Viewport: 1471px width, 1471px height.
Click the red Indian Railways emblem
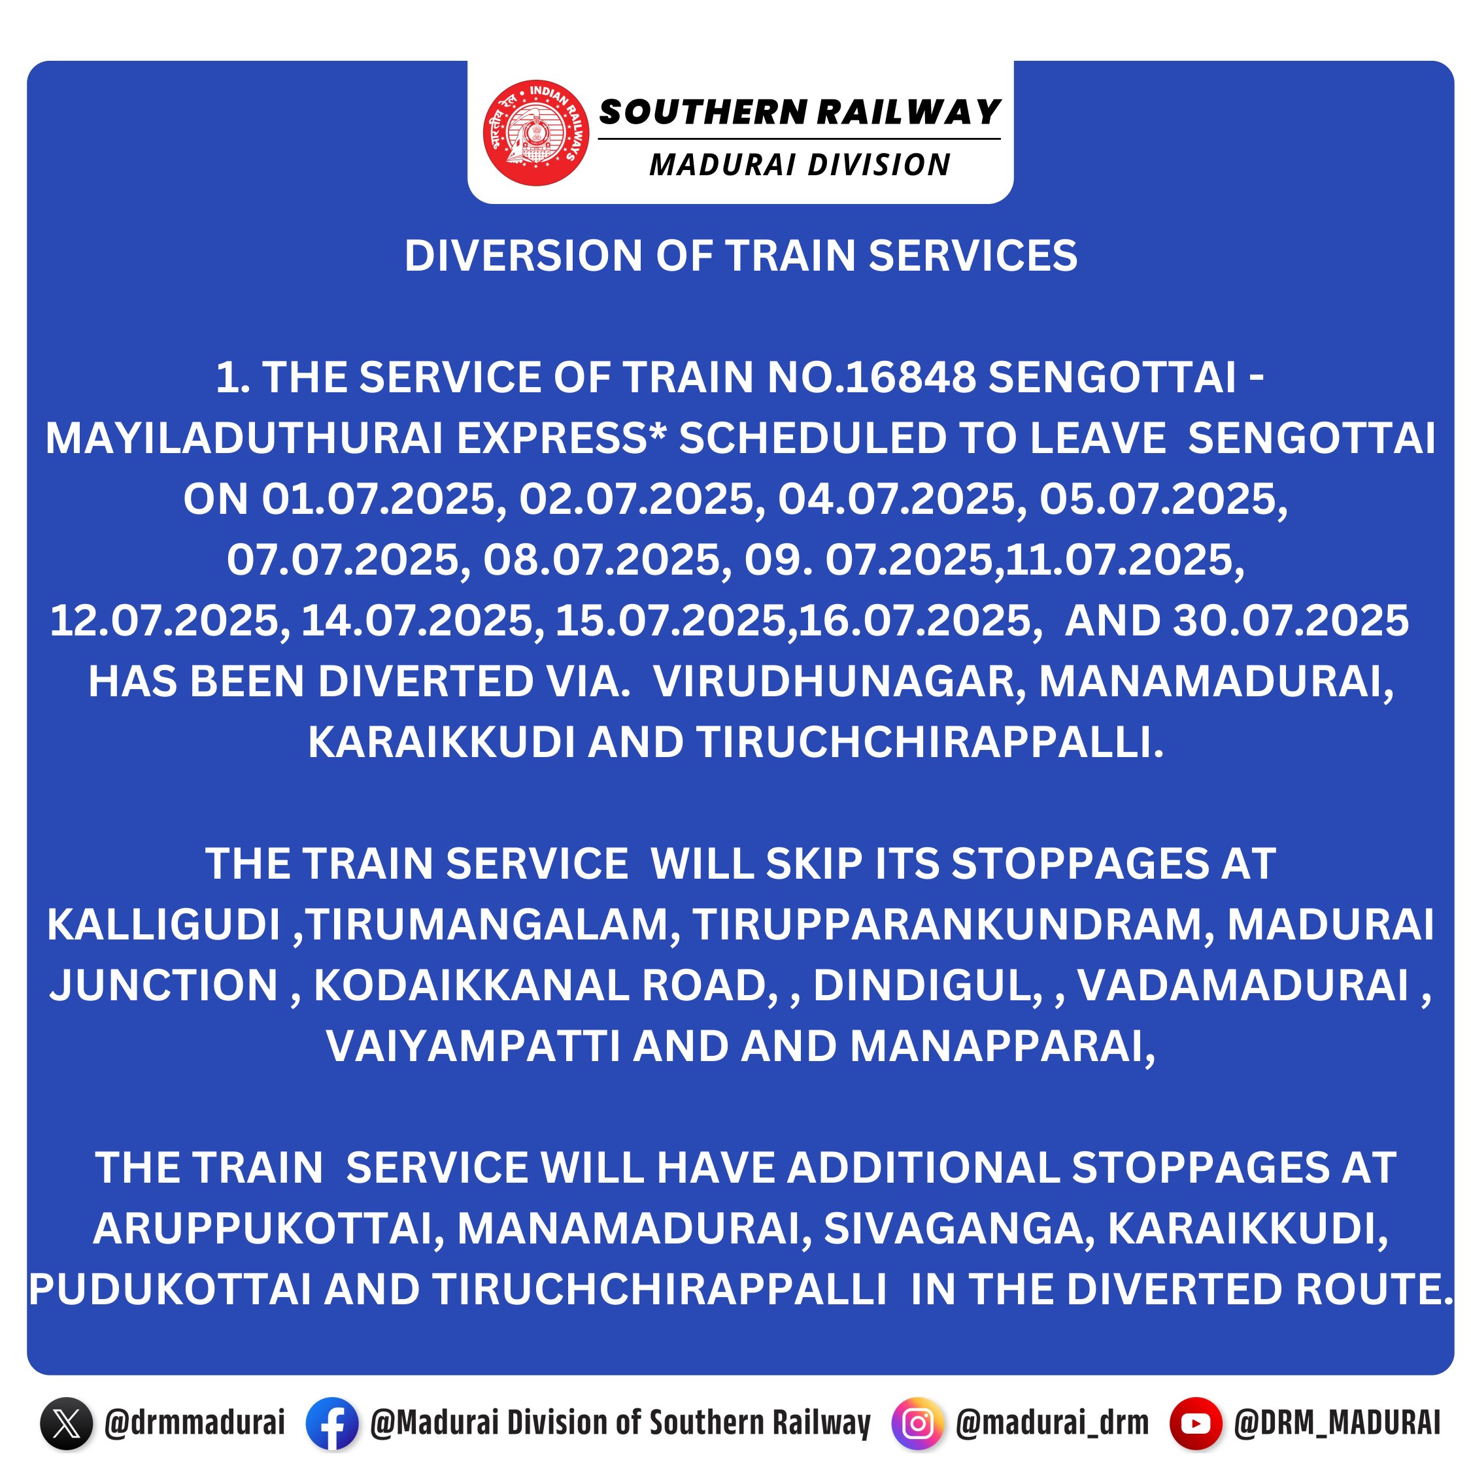point(536,133)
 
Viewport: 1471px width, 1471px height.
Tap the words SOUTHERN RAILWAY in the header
point(800,112)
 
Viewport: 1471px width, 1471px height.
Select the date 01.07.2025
point(384,499)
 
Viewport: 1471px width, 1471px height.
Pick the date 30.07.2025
point(1291,620)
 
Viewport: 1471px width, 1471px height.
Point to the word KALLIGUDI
point(163,925)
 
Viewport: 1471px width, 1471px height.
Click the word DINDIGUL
point(927,986)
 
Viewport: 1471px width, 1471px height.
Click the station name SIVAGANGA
point(958,1229)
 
